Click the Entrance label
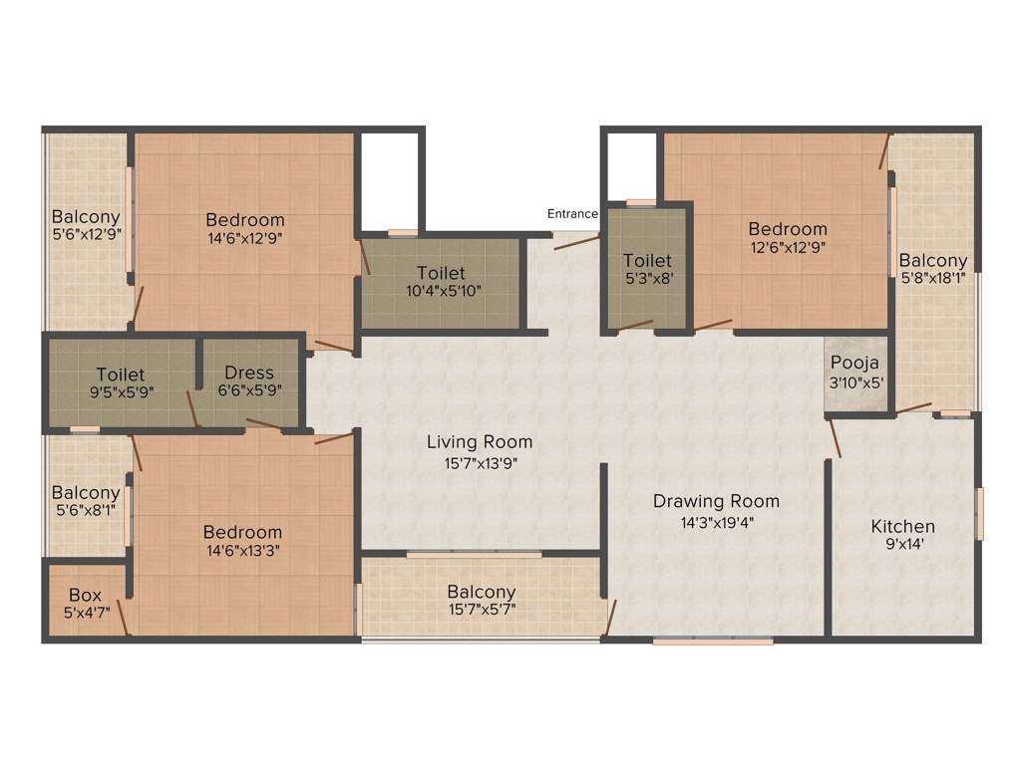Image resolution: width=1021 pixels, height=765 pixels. pos(572,214)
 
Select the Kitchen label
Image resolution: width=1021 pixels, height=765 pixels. pos(902,526)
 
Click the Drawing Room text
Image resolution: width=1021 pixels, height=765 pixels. pos(716,501)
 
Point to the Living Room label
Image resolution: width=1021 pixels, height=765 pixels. pos(480,441)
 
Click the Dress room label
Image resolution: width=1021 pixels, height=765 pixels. pos(249,373)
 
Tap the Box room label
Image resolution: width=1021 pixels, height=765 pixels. pos(85,596)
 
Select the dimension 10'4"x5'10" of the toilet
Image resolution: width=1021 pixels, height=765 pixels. pos(441,291)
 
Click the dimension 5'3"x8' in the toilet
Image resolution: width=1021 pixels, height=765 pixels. pos(647,280)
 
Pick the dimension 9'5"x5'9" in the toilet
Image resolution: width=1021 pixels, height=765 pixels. pos(121,391)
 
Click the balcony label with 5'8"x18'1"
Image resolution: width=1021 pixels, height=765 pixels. pos(933,261)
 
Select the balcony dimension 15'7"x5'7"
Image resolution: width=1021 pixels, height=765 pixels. pos(481,610)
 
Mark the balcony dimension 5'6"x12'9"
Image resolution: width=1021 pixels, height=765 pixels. pos(86,235)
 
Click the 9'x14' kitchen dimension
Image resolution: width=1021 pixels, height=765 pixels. pos(902,545)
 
